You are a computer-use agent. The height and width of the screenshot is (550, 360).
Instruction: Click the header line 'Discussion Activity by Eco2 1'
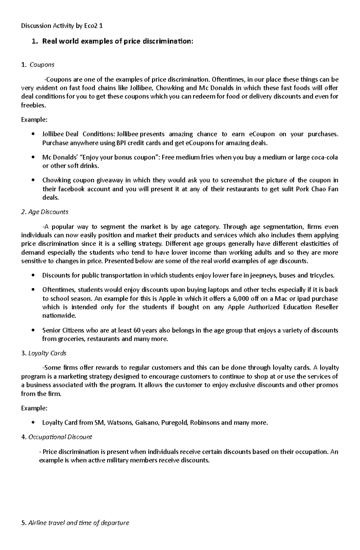tap(62, 26)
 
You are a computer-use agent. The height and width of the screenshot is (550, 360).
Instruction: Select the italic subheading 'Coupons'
tap(42, 65)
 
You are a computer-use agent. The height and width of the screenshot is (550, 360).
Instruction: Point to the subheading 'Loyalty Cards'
tap(47, 353)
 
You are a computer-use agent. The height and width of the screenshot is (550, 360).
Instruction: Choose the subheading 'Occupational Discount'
tap(60, 437)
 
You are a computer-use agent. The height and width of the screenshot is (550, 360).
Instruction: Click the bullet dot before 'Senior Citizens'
tap(33, 330)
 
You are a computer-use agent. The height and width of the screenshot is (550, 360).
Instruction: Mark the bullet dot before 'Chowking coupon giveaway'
tap(33, 180)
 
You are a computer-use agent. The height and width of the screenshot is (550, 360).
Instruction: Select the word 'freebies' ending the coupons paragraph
tap(33, 105)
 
